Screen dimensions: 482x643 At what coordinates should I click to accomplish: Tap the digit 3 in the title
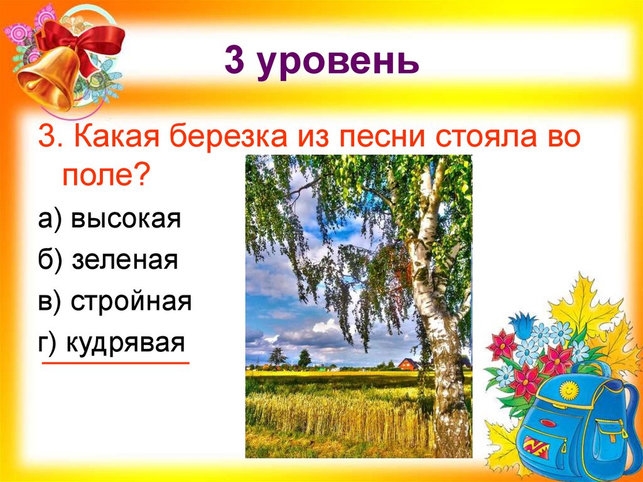click(234, 62)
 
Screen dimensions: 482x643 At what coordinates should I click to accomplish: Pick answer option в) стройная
click(117, 302)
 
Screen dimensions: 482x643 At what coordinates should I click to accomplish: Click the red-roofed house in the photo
click(408, 364)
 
